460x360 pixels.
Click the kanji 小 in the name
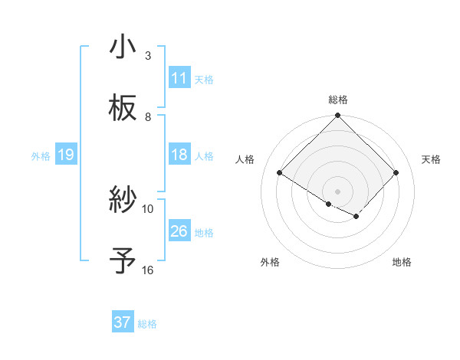click(123, 47)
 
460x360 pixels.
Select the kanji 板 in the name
click(123, 108)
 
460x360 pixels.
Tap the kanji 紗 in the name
click(123, 200)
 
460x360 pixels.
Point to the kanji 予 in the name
click(123, 261)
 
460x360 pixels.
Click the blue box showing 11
click(179, 78)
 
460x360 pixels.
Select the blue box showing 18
click(179, 155)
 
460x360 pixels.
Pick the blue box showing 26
click(179, 231)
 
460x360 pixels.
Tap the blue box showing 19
click(66, 155)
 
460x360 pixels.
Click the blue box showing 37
click(123, 322)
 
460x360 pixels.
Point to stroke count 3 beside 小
click(148, 56)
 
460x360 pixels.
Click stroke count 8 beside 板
click(148, 117)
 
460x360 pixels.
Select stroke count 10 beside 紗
click(148, 209)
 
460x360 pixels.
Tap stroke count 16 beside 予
click(148, 270)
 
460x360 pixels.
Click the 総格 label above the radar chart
click(338, 100)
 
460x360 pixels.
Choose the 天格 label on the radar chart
click(431, 159)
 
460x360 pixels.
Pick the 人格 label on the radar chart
click(245, 159)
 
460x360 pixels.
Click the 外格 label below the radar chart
click(270, 262)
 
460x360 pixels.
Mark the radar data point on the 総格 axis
click(338, 116)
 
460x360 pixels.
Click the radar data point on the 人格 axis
click(280, 173)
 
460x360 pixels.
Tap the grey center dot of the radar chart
click(338, 191)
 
